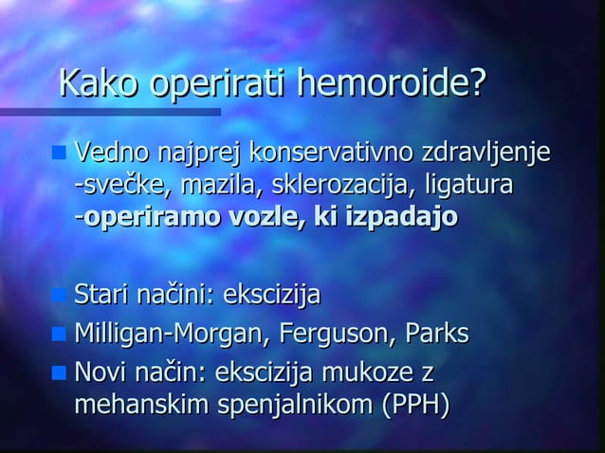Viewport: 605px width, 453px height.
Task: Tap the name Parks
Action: tap(437, 334)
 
